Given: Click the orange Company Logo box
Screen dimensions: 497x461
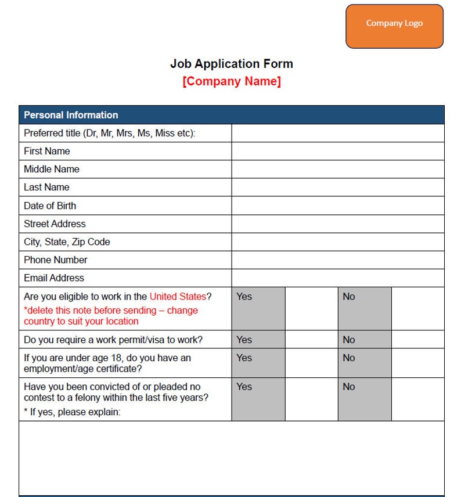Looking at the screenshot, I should click(394, 26).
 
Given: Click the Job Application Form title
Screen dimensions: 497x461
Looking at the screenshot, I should click(231, 64).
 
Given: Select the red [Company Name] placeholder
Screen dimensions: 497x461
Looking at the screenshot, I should click(231, 81).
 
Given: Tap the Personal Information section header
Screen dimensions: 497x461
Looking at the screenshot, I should click(71, 115).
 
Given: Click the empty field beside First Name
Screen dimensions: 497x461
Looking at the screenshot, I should click(337, 152).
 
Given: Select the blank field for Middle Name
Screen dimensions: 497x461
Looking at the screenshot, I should click(337, 170).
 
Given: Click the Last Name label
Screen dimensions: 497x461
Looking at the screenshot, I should click(46, 188).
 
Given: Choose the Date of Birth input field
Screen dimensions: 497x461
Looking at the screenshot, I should click(337, 206).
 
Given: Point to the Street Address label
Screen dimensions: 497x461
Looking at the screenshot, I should click(55, 224).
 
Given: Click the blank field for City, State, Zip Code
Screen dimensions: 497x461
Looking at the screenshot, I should click(337, 242).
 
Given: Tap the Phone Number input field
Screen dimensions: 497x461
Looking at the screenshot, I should click(337, 260).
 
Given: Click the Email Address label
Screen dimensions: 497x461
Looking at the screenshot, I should click(54, 278).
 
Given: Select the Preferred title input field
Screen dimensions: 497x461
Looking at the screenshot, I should click(337, 133).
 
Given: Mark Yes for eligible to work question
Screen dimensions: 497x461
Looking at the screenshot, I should click(311, 308).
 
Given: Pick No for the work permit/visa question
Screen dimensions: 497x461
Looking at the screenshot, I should click(417, 340).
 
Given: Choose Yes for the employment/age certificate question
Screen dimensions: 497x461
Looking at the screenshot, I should click(311, 363).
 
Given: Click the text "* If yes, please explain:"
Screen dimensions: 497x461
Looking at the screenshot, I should click(72, 412).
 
